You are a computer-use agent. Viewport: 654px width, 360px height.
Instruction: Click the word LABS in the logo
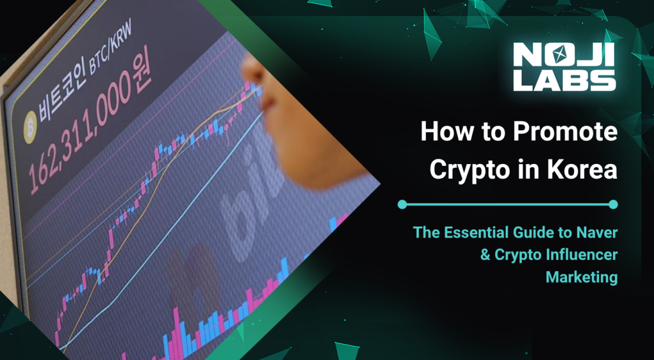pos(565,79)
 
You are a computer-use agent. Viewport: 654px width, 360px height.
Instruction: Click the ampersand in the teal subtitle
pos(486,255)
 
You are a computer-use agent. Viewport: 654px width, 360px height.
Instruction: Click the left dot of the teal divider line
pos(402,204)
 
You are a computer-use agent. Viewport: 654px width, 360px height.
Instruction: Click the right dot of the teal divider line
pos(613,204)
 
